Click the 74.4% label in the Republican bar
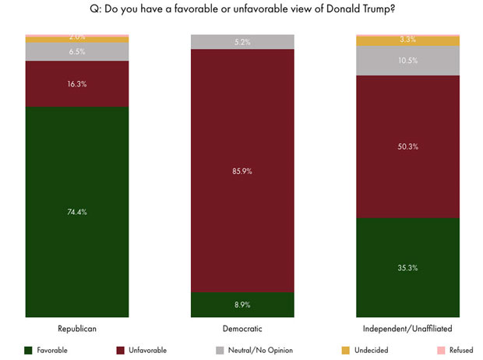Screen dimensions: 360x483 [x=76, y=212]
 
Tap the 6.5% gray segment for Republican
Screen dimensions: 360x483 [x=76, y=51]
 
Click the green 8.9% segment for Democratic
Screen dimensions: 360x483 [x=242, y=305]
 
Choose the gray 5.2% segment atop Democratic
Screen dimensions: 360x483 [x=242, y=42]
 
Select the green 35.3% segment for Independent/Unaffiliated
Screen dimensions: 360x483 [x=407, y=267]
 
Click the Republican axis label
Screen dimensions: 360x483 [x=76, y=330]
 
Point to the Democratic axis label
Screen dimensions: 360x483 [x=242, y=330]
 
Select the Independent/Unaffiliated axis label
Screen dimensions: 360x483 [x=407, y=330]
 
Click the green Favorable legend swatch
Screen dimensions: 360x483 [x=30, y=351]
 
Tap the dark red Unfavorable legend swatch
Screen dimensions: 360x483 [x=119, y=351]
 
